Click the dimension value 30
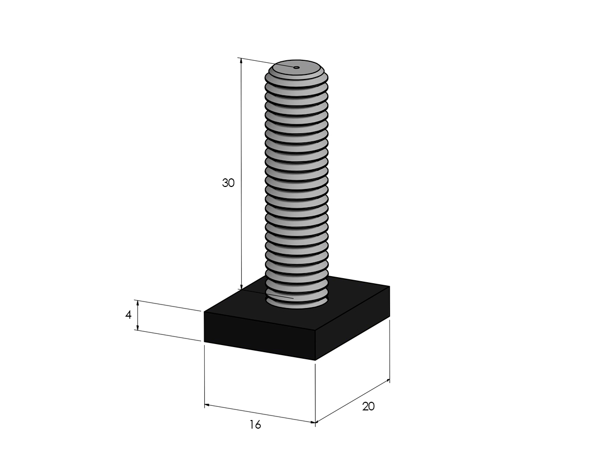(x=228, y=183)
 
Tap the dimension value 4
(x=128, y=315)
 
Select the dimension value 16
(x=255, y=425)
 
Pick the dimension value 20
(x=368, y=406)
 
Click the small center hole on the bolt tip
(x=296, y=67)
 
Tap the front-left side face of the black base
(x=259, y=335)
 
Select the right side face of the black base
(x=353, y=323)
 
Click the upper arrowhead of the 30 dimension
(x=241, y=61)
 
